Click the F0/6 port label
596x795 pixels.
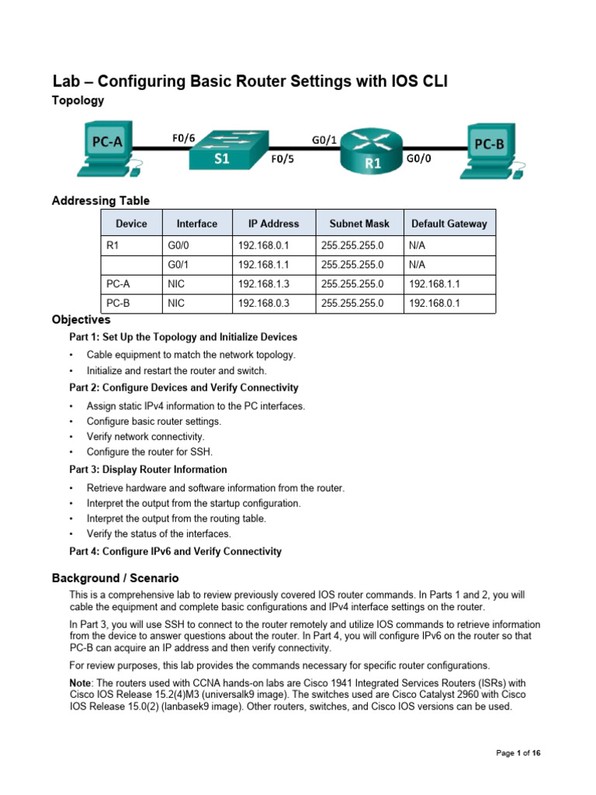183,138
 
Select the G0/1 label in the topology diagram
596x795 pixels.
324,140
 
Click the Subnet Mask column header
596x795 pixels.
359,224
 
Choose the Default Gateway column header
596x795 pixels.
449,224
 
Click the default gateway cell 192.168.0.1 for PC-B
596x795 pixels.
435,304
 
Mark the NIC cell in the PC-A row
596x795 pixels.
175,284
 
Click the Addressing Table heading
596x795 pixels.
101,201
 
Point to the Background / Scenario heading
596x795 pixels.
116,578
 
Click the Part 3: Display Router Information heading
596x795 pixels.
148,470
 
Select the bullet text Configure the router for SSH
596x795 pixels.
149,451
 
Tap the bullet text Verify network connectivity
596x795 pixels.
145,436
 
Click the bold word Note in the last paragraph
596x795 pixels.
81,681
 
